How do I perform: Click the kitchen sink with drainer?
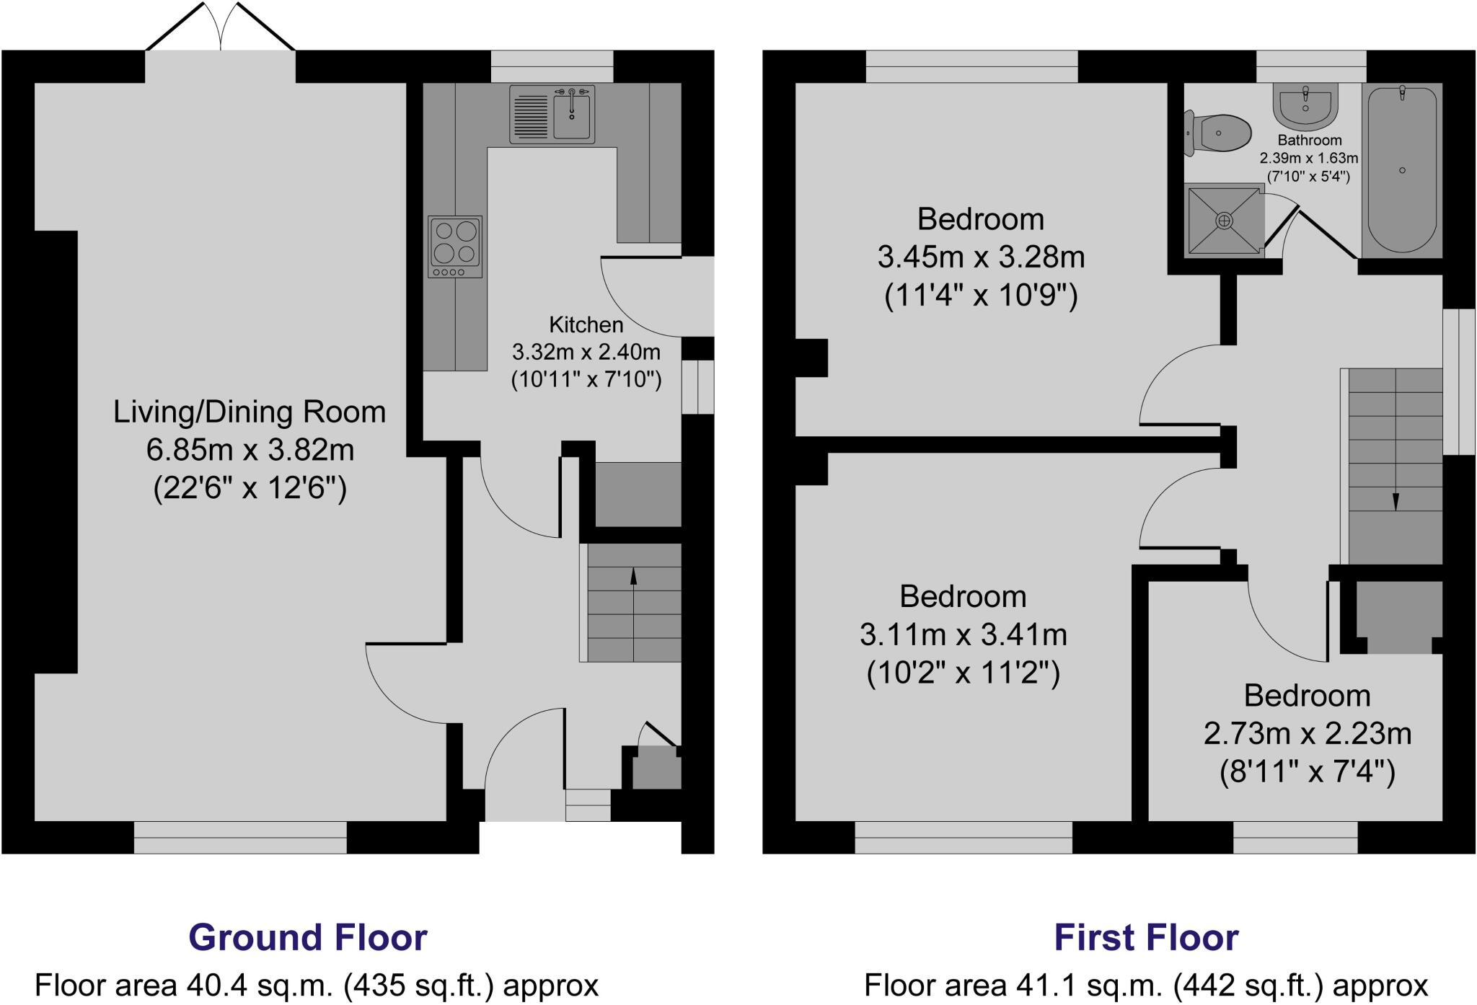coord(552,114)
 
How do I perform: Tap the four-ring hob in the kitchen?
coord(455,247)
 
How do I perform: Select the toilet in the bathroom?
coord(1219,133)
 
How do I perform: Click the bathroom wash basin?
coord(1306,105)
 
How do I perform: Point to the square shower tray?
coord(1225,220)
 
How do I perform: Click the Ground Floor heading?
coord(308,937)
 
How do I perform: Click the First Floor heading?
coord(1146,937)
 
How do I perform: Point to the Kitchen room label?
coord(586,324)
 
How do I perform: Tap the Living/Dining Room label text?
coord(250,412)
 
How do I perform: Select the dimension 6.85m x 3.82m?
coord(250,451)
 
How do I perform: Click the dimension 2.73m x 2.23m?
coord(1307,734)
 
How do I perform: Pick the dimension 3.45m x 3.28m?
coord(981,257)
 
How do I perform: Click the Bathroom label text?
coord(1310,140)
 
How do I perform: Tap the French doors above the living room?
coord(221,29)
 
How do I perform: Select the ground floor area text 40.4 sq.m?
coord(317,986)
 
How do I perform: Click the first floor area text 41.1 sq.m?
coord(1146,986)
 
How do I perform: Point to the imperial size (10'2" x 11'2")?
coord(963,673)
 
